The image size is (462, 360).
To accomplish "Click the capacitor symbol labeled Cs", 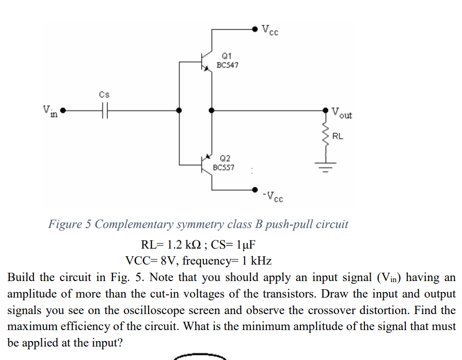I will [105, 110].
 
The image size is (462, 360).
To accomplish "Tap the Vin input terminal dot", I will [63, 110].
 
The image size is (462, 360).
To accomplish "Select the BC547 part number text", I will [227, 66].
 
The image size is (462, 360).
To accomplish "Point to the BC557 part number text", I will [224, 168].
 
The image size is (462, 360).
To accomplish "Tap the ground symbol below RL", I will [325, 166].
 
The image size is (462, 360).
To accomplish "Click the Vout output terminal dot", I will [325, 110].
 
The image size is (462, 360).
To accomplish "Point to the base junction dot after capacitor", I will [179, 110].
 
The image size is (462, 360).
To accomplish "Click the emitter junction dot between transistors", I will [210, 110].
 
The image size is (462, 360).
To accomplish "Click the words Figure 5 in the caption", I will [70, 224].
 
